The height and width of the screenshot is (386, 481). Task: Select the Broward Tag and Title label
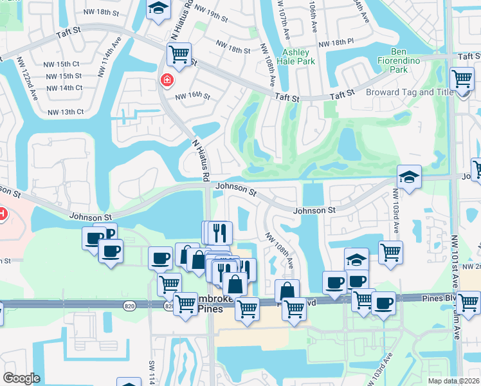pyautogui.click(x=408, y=92)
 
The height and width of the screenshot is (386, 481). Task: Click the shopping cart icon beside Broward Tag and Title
pyautogui.click(x=462, y=79)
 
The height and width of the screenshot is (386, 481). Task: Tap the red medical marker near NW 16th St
pyautogui.click(x=167, y=80)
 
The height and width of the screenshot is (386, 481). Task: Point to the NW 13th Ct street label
pyautogui.click(x=66, y=111)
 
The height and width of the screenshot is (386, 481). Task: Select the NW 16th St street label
pyautogui.click(x=193, y=96)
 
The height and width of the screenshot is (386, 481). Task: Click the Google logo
pyautogui.click(x=21, y=378)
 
